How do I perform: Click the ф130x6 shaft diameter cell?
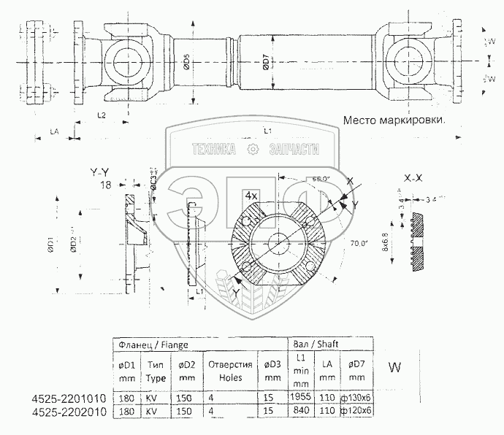point(357,399)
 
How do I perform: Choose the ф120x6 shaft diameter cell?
point(357,411)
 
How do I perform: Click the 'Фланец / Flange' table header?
point(151,342)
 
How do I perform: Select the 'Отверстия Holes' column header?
point(230,371)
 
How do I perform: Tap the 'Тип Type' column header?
point(156,371)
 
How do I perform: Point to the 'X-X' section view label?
point(414,177)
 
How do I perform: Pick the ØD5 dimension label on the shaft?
point(187,63)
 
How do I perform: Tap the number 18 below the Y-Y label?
point(106,185)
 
